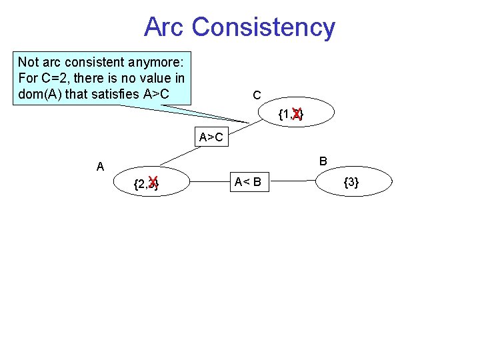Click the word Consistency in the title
click(263, 27)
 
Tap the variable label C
click(257, 96)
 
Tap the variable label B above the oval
click(323, 161)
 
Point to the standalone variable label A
click(100, 167)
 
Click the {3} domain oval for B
click(351, 181)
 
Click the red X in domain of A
click(153, 183)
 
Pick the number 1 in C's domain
click(285, 115)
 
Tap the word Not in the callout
click(28, 63)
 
